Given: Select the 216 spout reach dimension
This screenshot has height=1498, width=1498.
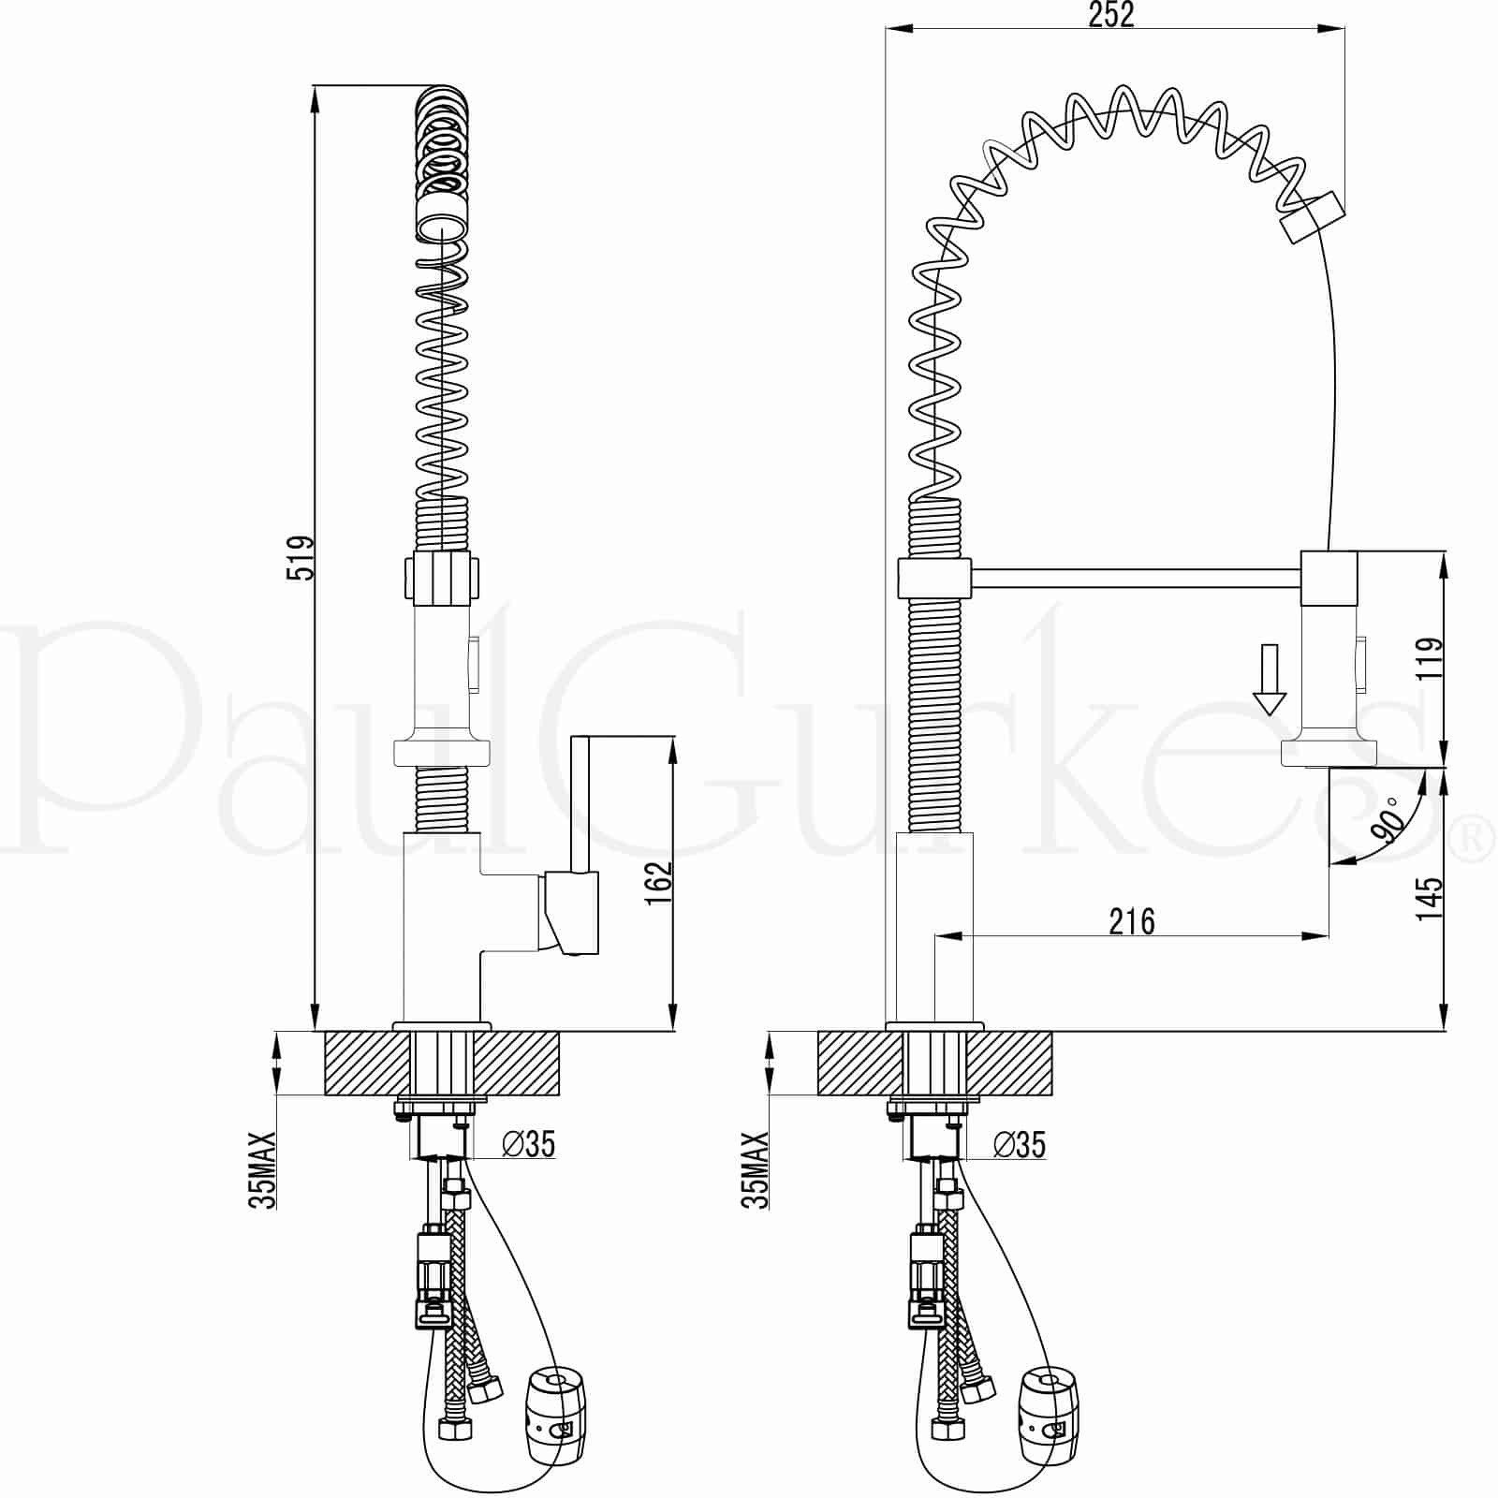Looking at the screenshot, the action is pyautogui.click(x=1132, y=921).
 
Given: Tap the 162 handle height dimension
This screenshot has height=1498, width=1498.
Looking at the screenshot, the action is pyautogui.click(x=659, y=883).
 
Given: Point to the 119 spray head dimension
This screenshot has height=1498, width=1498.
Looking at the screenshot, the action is pyautogui.click(x=1431, y=660).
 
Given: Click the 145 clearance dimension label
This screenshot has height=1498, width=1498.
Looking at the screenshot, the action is pyautogui.click(x=1429, y=898).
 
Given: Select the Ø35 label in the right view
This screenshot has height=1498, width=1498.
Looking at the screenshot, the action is pyautogui.click(x=1020, y=1144).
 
